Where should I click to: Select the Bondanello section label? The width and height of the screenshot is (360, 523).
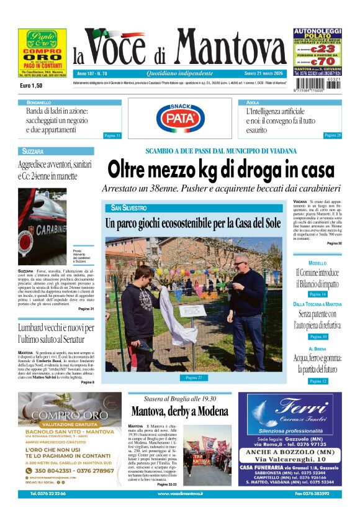point(39,102)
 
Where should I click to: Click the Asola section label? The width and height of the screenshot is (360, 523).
point(253,102)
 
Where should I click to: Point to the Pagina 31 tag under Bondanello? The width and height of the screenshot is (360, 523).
point(112,135)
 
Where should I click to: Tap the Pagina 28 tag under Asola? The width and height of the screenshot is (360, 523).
point(333,135)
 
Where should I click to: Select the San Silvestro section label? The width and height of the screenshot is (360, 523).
point(129,207)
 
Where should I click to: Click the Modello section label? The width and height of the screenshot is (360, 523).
point(317,263)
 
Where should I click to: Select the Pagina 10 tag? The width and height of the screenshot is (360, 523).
point(317,337)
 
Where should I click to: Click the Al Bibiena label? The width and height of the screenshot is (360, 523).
point(317,349)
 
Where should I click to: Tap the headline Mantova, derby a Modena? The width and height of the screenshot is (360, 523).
point(179,411)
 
